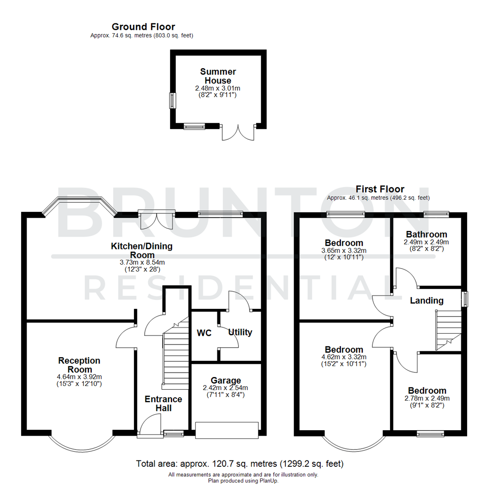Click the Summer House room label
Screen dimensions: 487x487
point(218,76)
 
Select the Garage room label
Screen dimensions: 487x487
point(226,380)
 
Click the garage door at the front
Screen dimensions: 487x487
point(226,430)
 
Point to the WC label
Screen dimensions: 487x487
point(205,333)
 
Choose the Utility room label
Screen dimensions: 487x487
point(240,332)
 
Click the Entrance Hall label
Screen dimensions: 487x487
point(163,403)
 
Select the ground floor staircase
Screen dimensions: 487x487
point(175,356)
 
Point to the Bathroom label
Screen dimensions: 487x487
point(427,234)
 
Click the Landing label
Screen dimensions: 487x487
point(426,301)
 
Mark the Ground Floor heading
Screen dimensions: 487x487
point(143,27)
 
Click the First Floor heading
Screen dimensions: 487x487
point(380,189)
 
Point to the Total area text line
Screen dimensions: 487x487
point(239,464)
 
